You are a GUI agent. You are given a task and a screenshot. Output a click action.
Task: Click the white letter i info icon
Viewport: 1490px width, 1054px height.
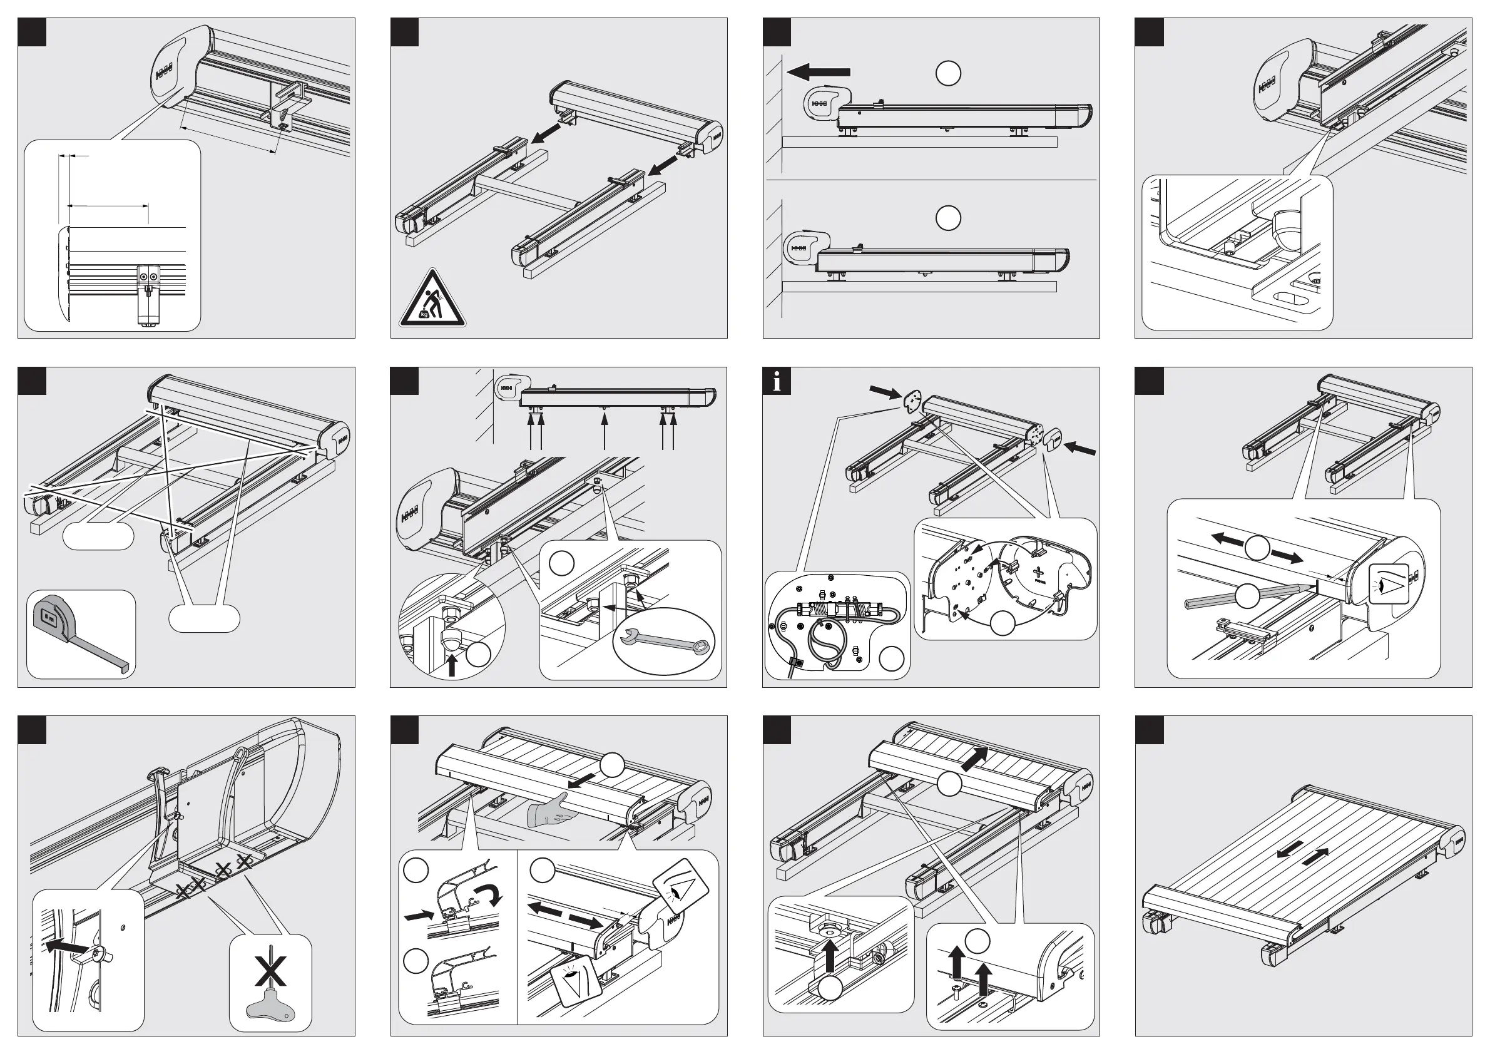(x=777, y=382)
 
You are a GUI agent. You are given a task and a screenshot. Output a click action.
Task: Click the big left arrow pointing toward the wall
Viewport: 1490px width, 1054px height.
(x=818, y=71)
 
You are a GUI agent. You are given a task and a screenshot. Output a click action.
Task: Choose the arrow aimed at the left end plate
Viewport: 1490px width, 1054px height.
(x=883, y=391)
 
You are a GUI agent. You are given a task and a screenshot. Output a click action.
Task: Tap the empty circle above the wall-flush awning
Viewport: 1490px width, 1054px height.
(x=948, y=218)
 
